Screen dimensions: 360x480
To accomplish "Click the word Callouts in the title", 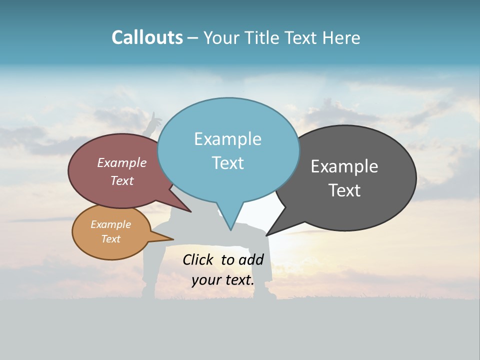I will click(x=147, y=37).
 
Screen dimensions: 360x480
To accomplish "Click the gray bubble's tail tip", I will click(x=266, y=235).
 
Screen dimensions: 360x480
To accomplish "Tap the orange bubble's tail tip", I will click(x=172, y=239).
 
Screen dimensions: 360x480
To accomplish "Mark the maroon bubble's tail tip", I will click(x=191, y=212).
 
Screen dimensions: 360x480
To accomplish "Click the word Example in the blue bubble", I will click(x=227, y=138).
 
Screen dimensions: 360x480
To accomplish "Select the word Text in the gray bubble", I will click(x=344, y=190).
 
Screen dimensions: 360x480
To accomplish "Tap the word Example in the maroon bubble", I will click(x=122, y=162).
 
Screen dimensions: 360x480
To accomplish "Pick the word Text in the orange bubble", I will click(x=111, y=239).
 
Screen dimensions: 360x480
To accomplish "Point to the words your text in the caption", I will click(x=222, y=280).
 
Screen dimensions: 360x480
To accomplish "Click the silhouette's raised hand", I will click(x=156, y=119).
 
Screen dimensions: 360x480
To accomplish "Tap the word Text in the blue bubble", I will click(x=227, y=163).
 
